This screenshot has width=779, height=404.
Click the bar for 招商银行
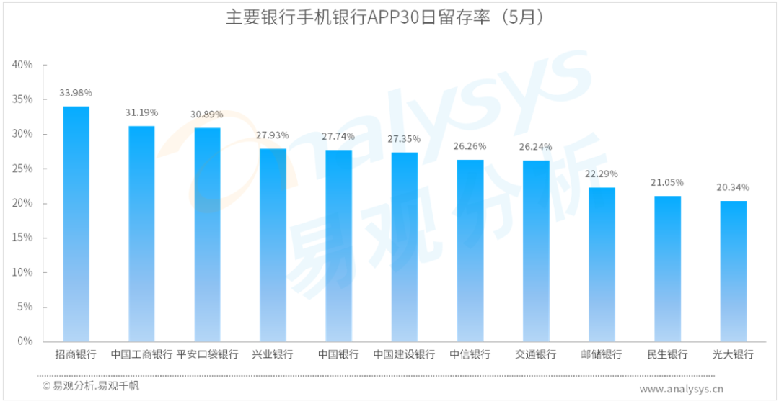[x=76, y=223]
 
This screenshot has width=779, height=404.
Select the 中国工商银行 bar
[x=141, y=233]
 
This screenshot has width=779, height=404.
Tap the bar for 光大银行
[x=733, y=271]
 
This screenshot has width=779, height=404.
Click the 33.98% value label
[x=76, y=93]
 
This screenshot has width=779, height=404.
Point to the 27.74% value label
[x=338, y=136]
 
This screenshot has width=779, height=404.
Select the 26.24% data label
[x=536, y=147]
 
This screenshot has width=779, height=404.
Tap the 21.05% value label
[x=667, y=182]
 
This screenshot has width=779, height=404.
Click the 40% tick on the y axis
[x=22, y=65]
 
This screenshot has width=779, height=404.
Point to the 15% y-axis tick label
[x=22, y=238]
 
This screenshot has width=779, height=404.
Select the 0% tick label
[x=25, y=341]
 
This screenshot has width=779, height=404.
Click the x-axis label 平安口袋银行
[x=207, y=355]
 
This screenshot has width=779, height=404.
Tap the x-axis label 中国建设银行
[x=404, y=355]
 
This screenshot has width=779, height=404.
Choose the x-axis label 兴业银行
[x=273, y=355]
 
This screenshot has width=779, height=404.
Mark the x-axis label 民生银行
[x=667, y=355]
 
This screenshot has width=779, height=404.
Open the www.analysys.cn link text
[x=681, y=389]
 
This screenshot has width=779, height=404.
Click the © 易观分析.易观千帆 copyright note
[x=90, y=386]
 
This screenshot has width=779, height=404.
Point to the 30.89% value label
[x=207, y=115]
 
